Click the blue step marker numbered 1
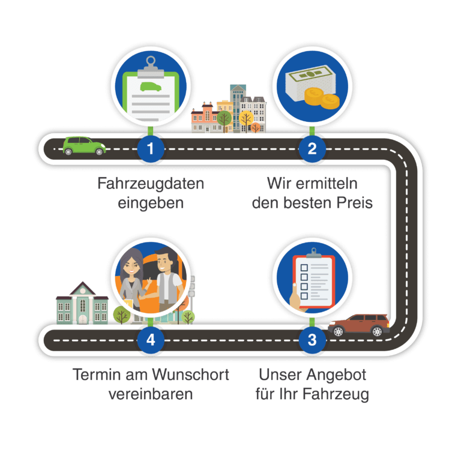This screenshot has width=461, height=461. coord(149,149)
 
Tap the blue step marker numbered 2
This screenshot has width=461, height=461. coord(312,149)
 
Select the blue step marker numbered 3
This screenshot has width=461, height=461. coord(312,340)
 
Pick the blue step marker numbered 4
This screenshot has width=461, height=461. coord(149,340)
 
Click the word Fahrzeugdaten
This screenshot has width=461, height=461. coord(151,183)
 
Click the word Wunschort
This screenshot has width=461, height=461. coord(196,375)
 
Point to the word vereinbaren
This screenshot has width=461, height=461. coord(151,394)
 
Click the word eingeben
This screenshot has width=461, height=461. coord(151,202)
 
